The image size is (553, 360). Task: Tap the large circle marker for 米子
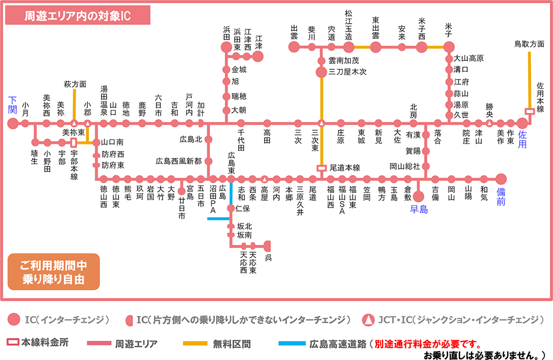pos(449,47)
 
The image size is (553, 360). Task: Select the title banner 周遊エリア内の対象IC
pos(77,16)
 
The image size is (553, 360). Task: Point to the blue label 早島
pos(419,209)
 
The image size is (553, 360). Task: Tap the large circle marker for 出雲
pos(294,47)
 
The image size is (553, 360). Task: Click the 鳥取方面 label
pos(529,43)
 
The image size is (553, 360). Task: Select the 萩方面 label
pos(74,84)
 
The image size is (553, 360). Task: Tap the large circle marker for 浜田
pos(226,47)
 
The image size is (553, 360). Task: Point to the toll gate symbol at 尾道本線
pos(322,168)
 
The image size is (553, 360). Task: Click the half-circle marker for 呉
pos(268,246)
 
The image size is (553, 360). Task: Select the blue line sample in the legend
pos(292,343)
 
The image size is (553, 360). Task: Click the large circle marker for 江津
pos(258,56)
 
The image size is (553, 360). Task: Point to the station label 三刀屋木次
pos(348,72)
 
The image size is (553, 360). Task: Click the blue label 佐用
pos(522,136)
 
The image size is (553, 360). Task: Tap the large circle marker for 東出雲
pos(376,47)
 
